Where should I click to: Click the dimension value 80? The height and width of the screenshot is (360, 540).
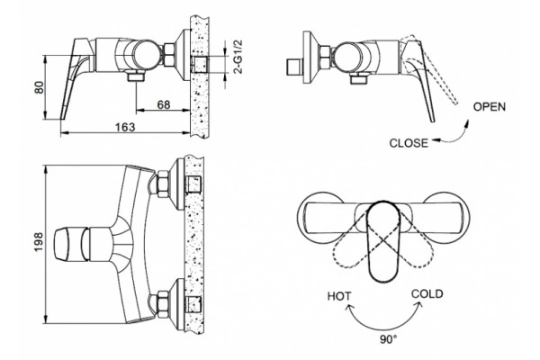coord(40,87)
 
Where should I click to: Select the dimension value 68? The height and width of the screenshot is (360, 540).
coord(164,104)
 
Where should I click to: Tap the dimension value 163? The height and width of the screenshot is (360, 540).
coord(125,127)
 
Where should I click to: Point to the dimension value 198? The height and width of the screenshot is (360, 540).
coord(39,242)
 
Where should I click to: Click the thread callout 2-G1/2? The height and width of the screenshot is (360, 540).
coord(238,57)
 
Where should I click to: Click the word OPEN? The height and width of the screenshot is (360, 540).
coord(490,107)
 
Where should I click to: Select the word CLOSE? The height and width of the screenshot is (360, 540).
coord(409,143)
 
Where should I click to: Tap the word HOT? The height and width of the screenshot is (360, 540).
coord(339,296)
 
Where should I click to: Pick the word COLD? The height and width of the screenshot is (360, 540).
coord(427,294)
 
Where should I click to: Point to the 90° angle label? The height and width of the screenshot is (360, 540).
coord(388,339)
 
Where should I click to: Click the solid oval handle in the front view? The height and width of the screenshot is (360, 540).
coord(383,241)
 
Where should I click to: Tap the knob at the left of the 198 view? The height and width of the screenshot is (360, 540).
coord(71,244)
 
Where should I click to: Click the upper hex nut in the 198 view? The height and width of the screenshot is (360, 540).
coord(162,184)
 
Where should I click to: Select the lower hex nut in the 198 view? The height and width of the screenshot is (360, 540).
coord(162,303)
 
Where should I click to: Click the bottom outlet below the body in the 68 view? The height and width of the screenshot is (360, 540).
coord(136,76)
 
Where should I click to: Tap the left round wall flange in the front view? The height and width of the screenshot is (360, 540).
coord(319,218)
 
